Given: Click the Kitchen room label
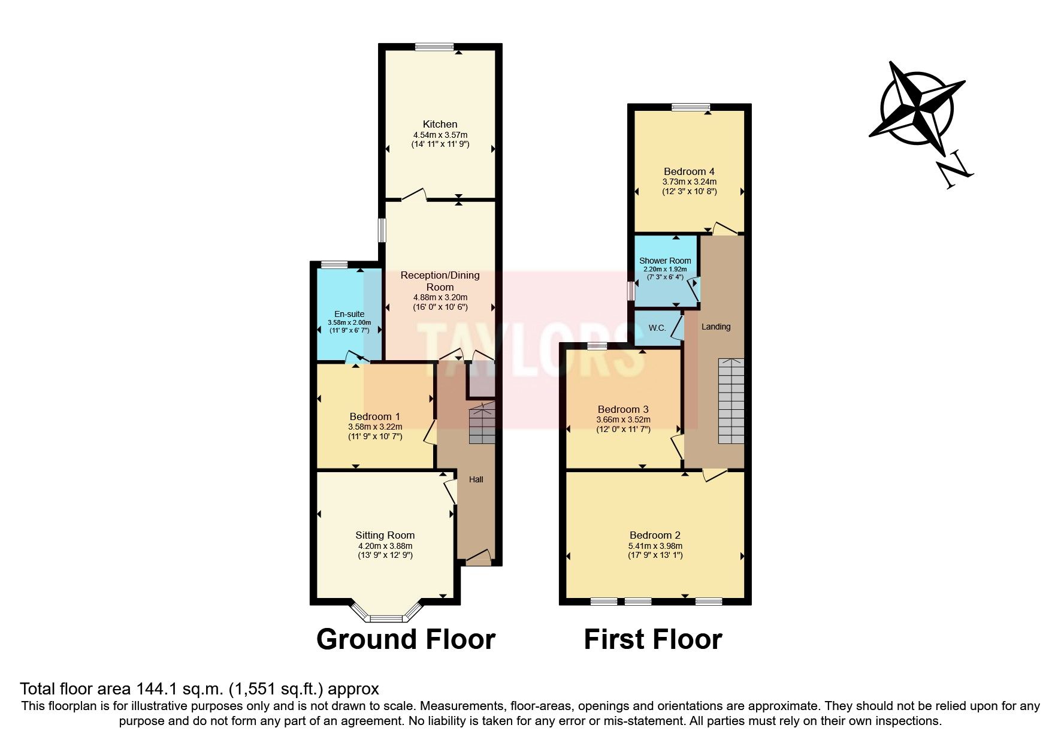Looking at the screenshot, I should point(440,124).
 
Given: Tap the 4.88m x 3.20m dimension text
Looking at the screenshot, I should point(440,297).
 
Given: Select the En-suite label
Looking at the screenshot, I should point(349,314).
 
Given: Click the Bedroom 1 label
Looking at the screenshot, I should point(375,416).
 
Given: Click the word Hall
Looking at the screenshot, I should point(476,479).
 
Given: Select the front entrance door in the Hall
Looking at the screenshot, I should point(478,558).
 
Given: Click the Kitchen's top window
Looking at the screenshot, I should point(435,47).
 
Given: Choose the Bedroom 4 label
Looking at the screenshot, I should point(689,171).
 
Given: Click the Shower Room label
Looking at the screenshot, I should point(665,261).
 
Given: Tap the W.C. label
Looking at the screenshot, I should point(657,328).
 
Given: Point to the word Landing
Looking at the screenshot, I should point(716,327).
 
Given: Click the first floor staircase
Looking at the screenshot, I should point(731,401).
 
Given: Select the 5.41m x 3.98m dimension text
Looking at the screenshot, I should point(655,546).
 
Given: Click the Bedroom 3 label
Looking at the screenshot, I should point(623,409).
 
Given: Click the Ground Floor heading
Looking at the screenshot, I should point(406,639).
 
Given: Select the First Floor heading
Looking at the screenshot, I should point(653,639).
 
